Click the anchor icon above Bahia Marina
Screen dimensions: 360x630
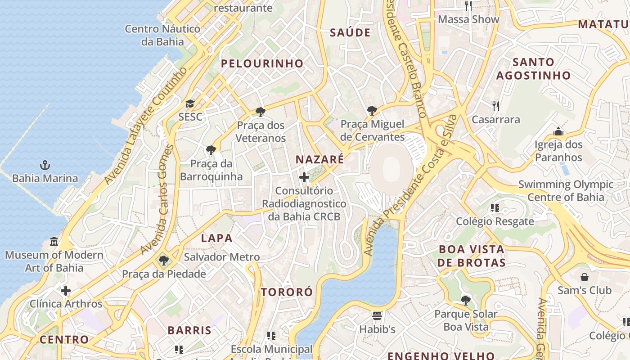[x=45, y=165]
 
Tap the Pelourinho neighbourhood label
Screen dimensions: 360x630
[x=262, y=64]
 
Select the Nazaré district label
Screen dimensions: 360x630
[x=319, y=159]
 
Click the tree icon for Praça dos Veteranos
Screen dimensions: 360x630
[x=260, y=112]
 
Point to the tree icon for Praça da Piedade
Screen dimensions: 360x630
[x=164, y=261]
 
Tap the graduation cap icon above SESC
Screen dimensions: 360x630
[x=190, y=104]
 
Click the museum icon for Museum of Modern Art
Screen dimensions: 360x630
[x=54, y=242]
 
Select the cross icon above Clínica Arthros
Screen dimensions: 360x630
[x=66, y=291]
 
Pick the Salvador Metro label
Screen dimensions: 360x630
[x=222, y=257]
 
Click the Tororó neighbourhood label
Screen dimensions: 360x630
[x=287, y=292]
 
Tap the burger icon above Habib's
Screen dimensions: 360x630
[x=377, y=316]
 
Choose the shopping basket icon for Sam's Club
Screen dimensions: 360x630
[x=584, y=277]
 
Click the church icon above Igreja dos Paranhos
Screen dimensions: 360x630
[x=558, y=131]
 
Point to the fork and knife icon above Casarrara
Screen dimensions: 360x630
[x=496, y=106]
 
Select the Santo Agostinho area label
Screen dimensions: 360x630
[x=533, y=68]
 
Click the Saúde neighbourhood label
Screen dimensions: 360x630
[x=350, y=33]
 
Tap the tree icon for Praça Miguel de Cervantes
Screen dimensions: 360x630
[x=372, y=110]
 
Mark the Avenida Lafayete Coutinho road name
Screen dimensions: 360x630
[x=146, y=126]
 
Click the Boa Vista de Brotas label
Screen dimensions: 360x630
[x=472, y=256]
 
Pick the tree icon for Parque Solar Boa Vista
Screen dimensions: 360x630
[x=466, y=301]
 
